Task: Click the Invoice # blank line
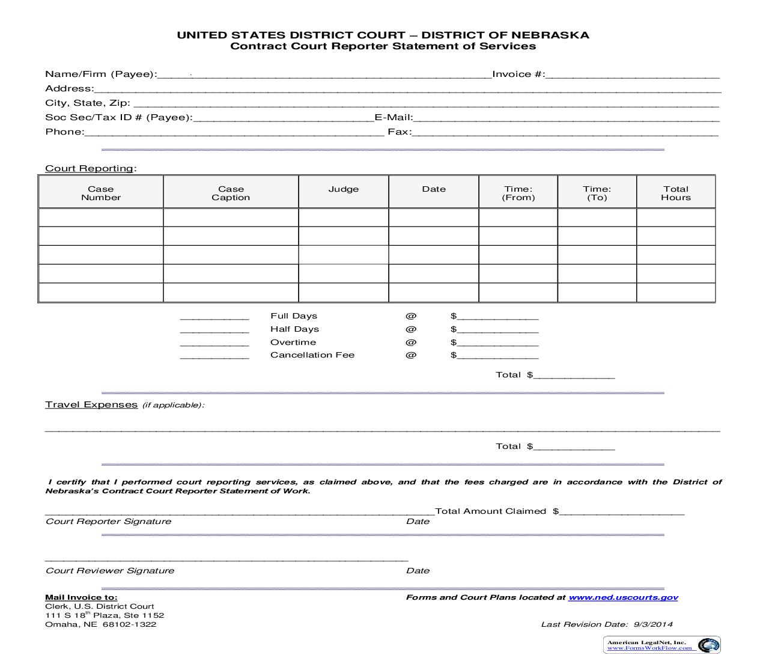point(632,75)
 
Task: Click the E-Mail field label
point(394,118)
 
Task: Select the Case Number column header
point(101,193)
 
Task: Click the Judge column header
point(344,189)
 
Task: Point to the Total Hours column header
point(676,193)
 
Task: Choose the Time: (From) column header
point(518,193)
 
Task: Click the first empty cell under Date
point(434,217)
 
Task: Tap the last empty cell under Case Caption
point(231,292)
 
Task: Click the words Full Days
point(294,316)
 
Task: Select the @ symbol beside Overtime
point(410,343)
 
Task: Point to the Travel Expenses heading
point(91,404)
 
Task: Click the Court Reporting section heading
point(90,168)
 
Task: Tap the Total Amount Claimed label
point(490,511)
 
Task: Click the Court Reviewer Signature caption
point(110,571)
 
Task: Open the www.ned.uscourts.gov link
point(623,597)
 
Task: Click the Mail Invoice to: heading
point(81,597)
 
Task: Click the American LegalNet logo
point(661,645)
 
